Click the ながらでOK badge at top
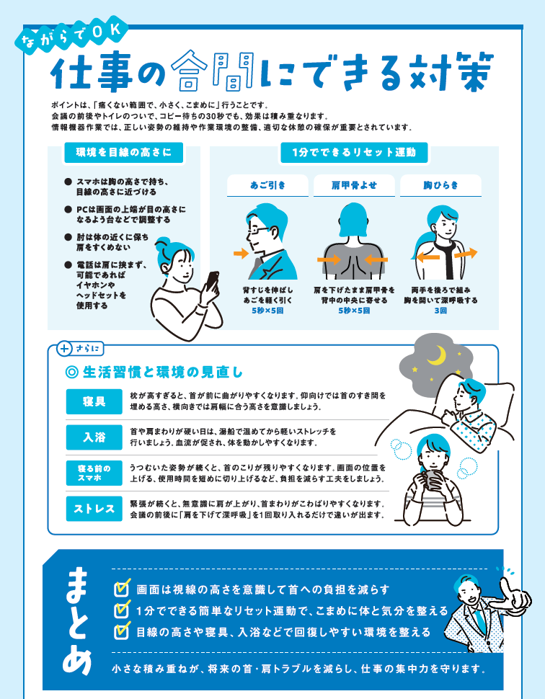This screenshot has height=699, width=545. tap(71, 35)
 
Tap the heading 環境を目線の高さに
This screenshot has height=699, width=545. tap(123, 153)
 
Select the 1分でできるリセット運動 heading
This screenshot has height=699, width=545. tap(354, 153)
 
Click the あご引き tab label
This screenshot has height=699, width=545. tap(267, 185)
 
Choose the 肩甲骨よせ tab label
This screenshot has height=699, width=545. tap(354, 185)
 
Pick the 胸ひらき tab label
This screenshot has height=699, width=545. tap(440, 185)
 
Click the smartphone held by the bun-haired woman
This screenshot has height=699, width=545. tap(211, 282)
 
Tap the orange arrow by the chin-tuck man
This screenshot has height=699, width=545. tap(241, 254)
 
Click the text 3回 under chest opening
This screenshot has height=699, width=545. tap(440, 311)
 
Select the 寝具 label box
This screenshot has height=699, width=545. tap(94, 401)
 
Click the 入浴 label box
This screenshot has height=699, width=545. tap(94, 437)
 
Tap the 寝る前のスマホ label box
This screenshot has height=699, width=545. tap(94, 473)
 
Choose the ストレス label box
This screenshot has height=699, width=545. tap(94, 509)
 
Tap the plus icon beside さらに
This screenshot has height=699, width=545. tap(64, 349)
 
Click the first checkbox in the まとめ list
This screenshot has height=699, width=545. tap(121, 589)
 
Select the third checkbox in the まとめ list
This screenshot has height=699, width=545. tap(121, 631)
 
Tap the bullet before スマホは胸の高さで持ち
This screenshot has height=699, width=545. tap(68, 182)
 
